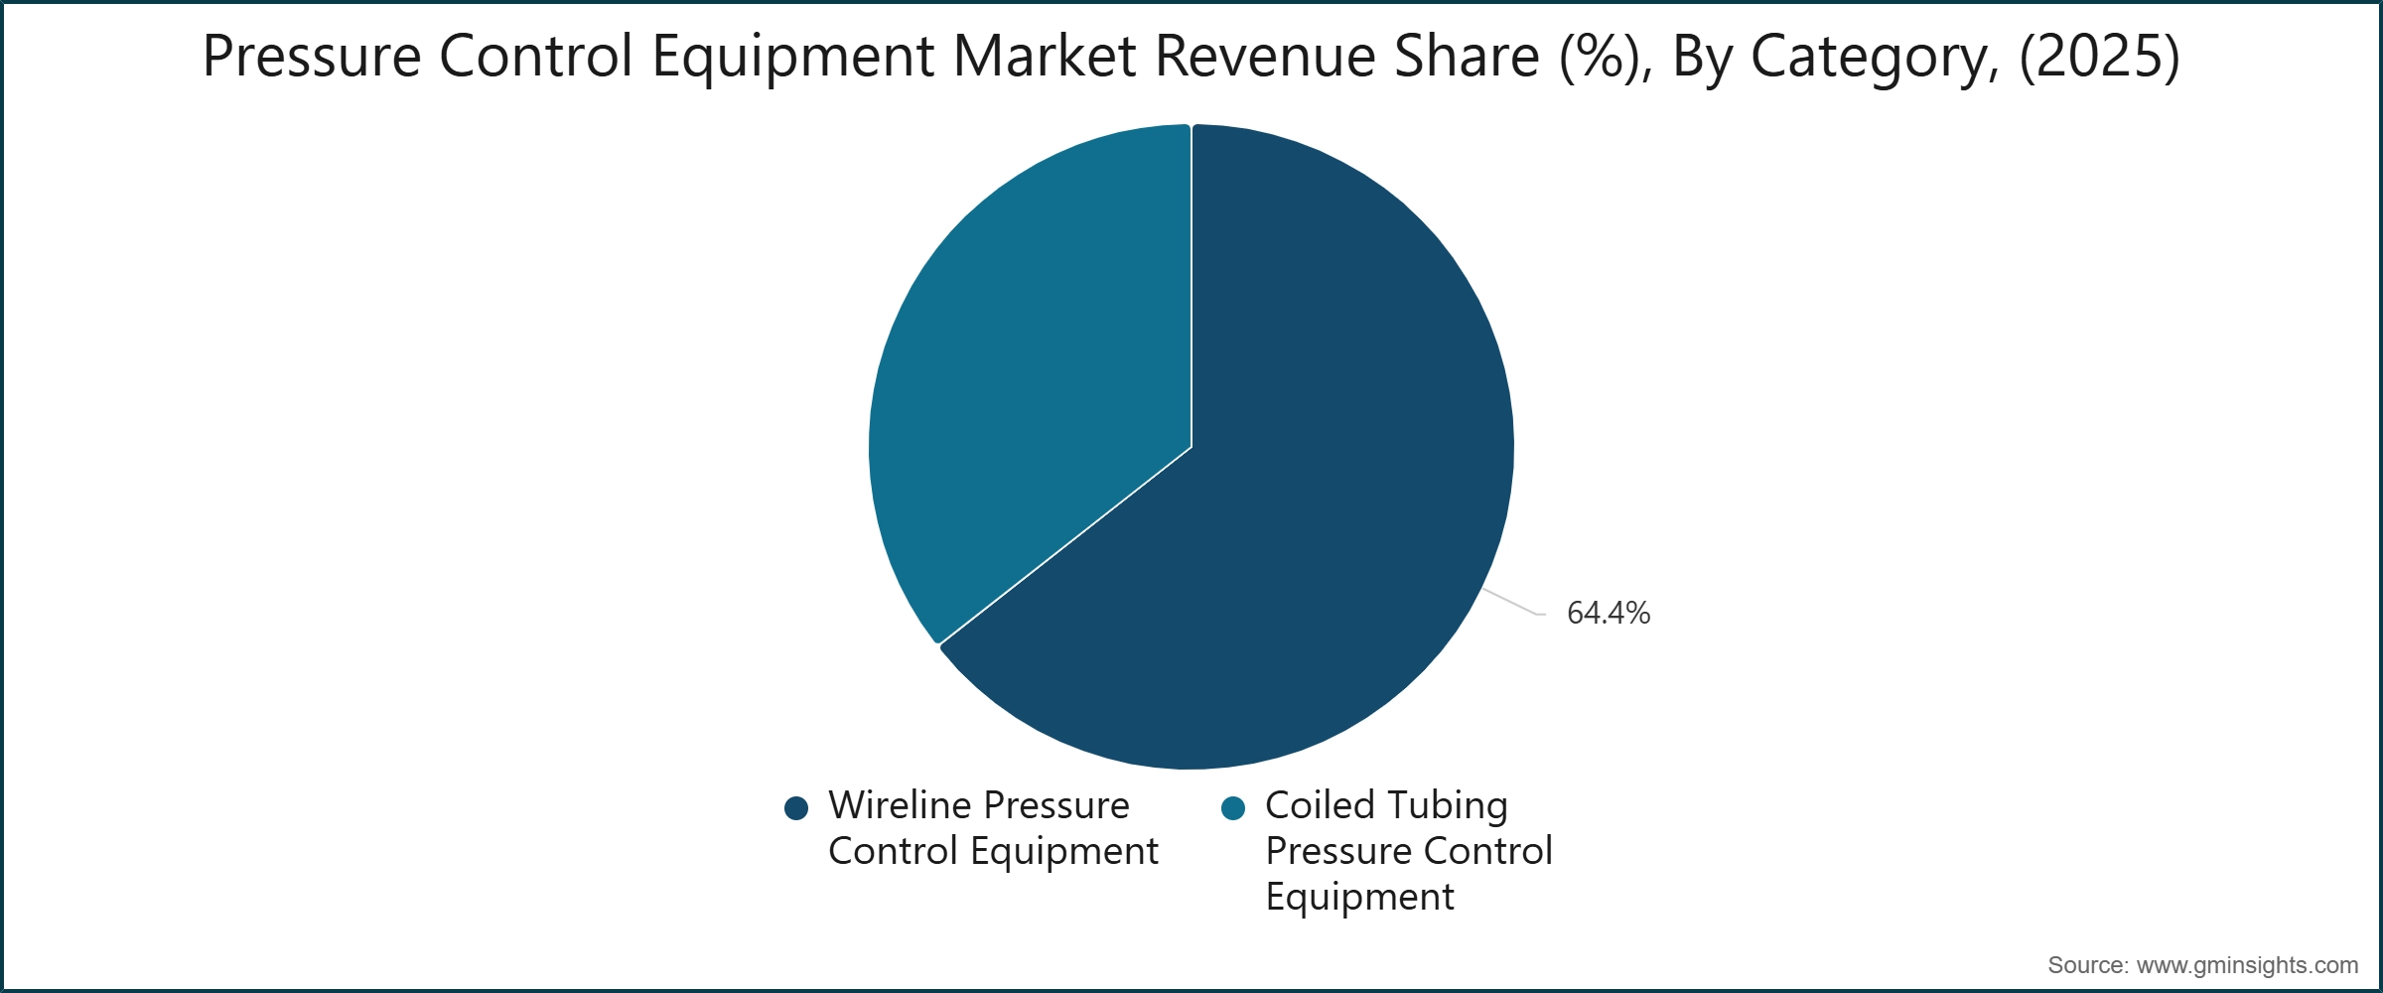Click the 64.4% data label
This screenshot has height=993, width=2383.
[1608, 613]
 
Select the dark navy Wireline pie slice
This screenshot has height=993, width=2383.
[1321, 516]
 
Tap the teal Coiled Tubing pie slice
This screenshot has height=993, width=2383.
[1033, 377]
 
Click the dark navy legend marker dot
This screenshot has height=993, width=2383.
[795, 808]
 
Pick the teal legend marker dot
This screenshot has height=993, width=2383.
[1232, 808]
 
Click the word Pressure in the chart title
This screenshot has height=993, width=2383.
[312, 57]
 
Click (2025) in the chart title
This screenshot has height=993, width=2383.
[2099, 57]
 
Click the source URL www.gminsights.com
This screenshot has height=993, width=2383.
[2247, 965]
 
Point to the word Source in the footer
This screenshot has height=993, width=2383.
[2086, 965]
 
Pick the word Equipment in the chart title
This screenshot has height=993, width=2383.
[792, 57]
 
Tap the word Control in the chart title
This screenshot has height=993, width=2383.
[535, 57]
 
